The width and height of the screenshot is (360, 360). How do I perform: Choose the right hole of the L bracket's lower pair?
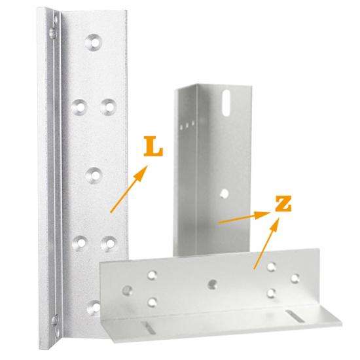pos(107,243)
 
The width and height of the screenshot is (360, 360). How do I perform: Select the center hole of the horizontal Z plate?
pos(213,284)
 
